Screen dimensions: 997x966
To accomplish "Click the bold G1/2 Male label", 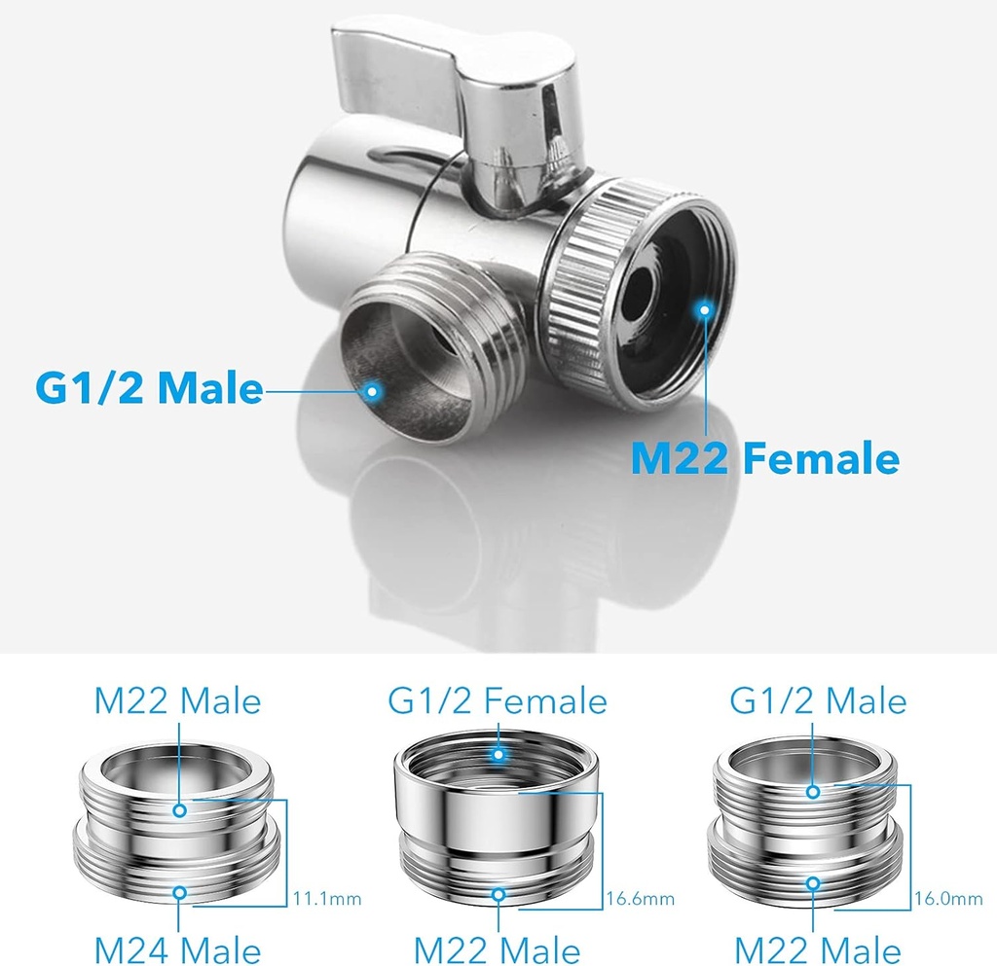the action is pyautogui.click(x=149, y=387).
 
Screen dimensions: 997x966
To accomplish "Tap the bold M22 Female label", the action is pyautogui.click(x=765, y=458).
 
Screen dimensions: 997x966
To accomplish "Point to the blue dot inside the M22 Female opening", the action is pyautogui.click(x=704, y=309).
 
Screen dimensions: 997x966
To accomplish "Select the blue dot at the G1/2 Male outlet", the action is pyautogui.click(x=373, y=391).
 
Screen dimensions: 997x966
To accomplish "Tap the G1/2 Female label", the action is pyautogui.click(x=498, y=701).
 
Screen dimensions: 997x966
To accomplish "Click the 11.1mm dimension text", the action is pyautogui.click(x=327, y=899).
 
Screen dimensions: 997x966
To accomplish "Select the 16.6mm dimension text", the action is pyautogui.click(x=641, y=899).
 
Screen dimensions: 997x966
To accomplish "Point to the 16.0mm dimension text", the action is pyautogui.click(x=948, y=899).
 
